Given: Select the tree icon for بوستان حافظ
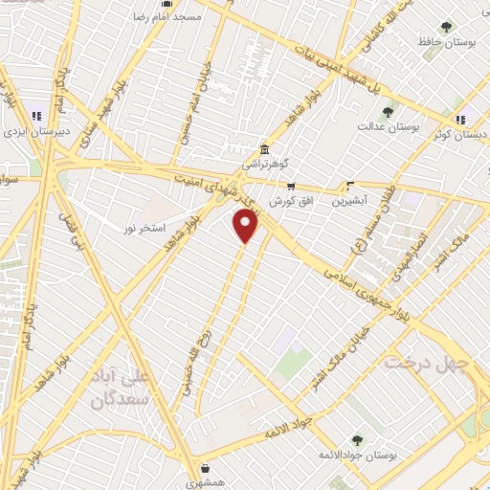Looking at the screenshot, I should coord(445,27).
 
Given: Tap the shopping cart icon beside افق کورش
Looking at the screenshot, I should coord(291,187).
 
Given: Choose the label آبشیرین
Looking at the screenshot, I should coord(349,202).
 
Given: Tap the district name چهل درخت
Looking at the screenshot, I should coord(432,365).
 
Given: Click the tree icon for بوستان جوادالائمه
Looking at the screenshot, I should coord(357,440).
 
